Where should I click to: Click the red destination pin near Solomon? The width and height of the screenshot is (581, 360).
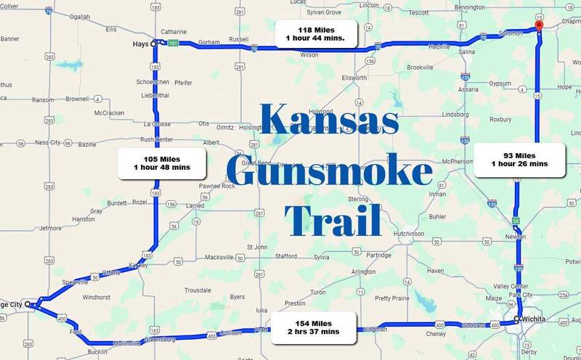click(x=538, y=25)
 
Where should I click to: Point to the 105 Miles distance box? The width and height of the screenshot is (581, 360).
click(x=162, y=163)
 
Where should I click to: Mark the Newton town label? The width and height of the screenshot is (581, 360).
click(x=516, y=237)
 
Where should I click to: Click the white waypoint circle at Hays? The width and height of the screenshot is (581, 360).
click(x=153, y=44)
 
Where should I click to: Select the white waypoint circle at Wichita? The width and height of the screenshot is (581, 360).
click(x=517, y=319)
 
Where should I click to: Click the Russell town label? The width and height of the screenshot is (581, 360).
click(x=238, y=39)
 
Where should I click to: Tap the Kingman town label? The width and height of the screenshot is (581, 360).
click(x=386, y=329)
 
